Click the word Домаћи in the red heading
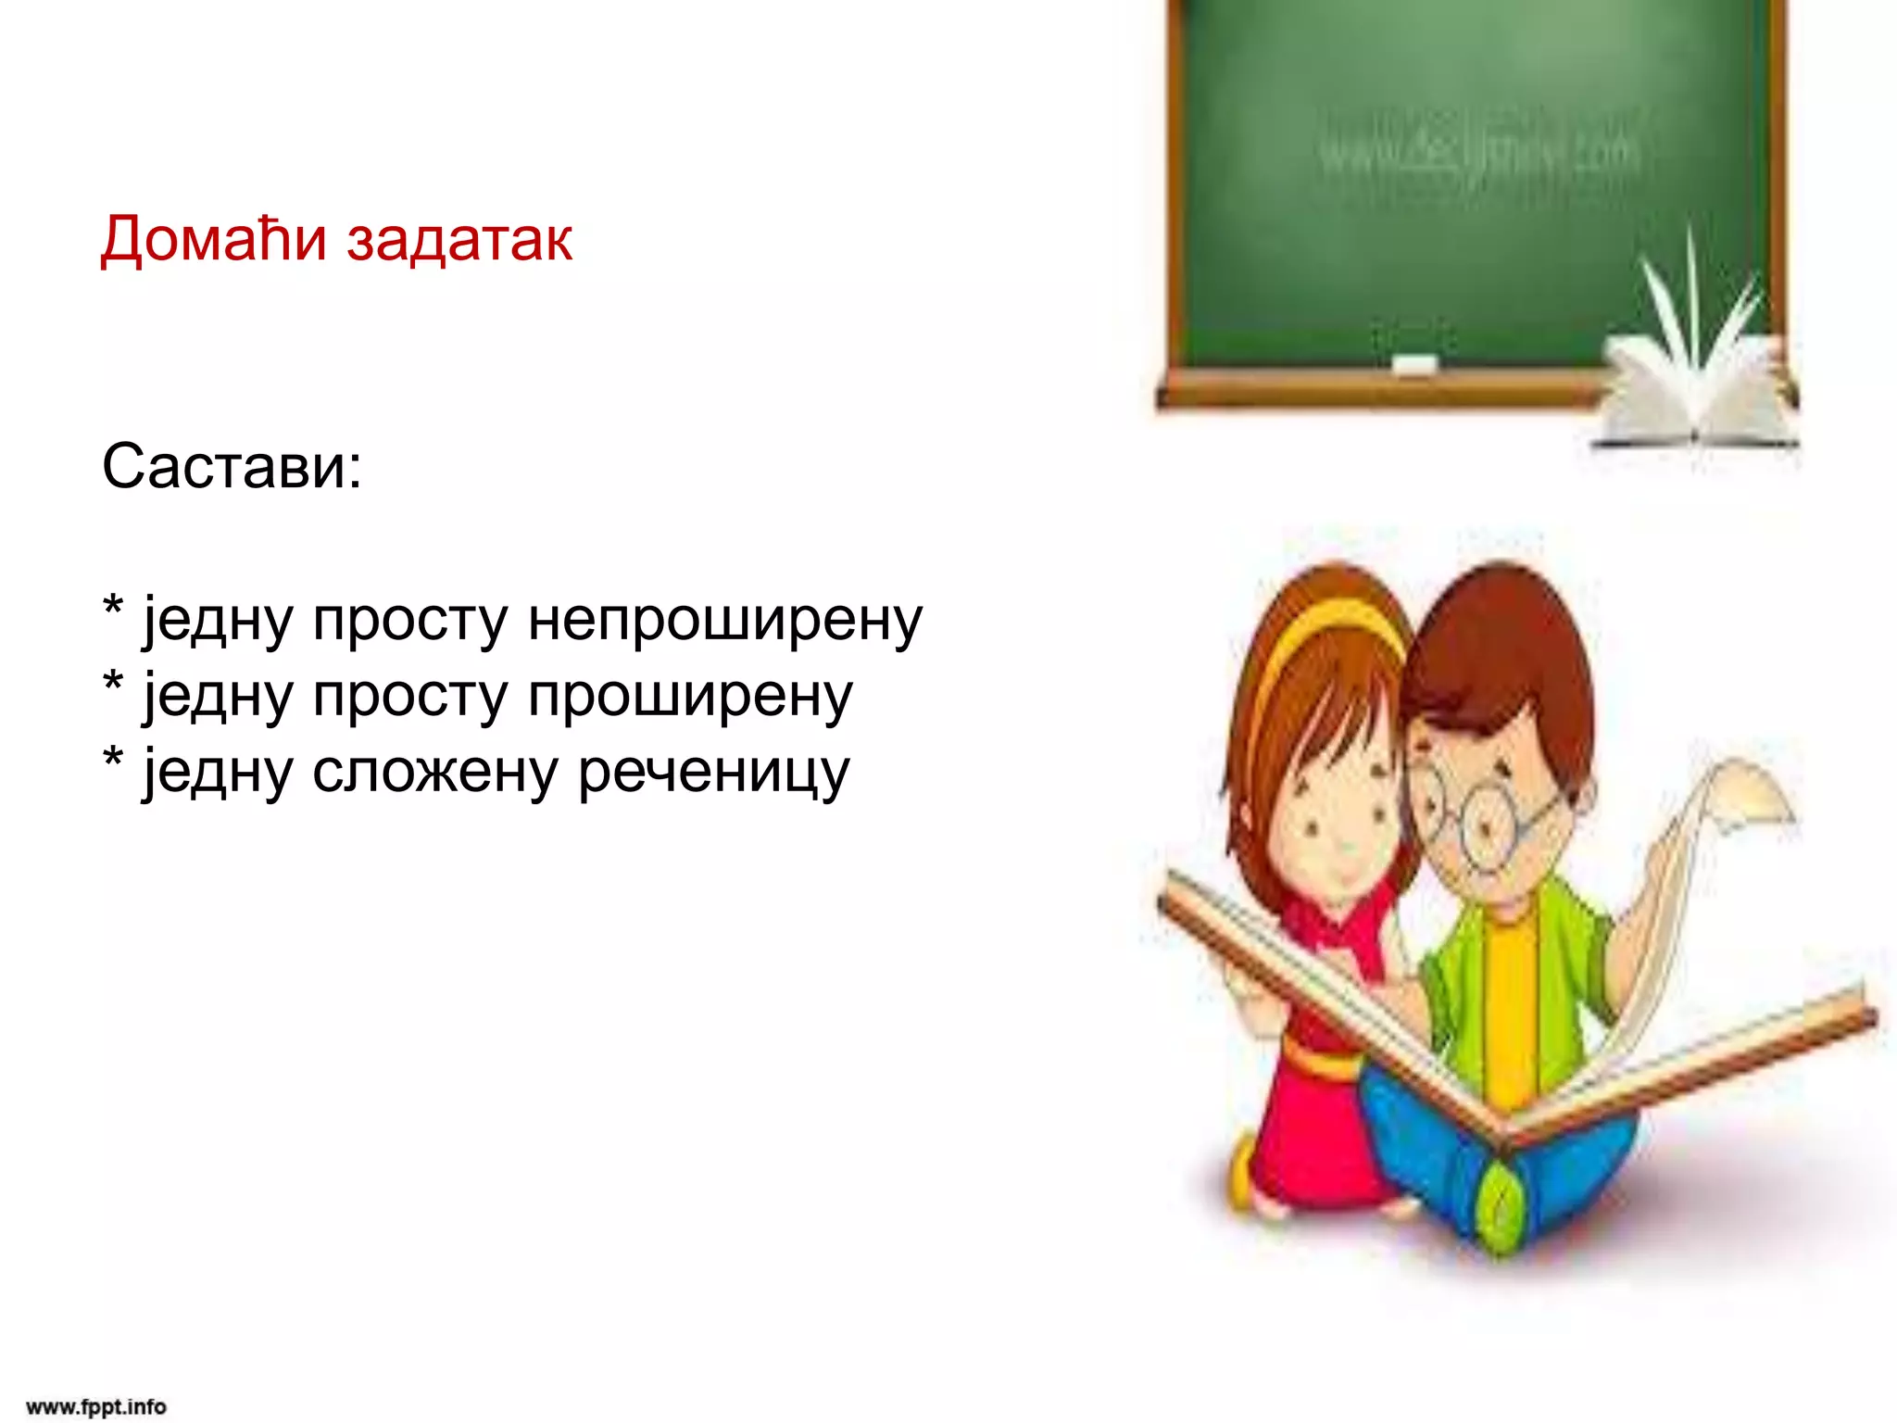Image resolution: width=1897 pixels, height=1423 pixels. click(213, 239)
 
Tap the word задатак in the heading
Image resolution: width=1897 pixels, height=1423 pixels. click(459, 239)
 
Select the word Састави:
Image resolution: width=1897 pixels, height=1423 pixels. click(232, 465)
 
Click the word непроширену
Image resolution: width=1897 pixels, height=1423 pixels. click(724, 621)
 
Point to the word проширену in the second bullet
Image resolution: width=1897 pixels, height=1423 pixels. click(689, 697)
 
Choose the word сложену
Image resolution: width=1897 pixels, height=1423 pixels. click(434, 772)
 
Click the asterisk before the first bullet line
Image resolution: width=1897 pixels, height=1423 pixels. click(113, 608)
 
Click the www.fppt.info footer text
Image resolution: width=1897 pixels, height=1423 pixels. click(96, 1406)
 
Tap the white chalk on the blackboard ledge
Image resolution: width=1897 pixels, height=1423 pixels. click(1414, 365)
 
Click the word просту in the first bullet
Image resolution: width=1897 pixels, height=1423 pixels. click(409, 621)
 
